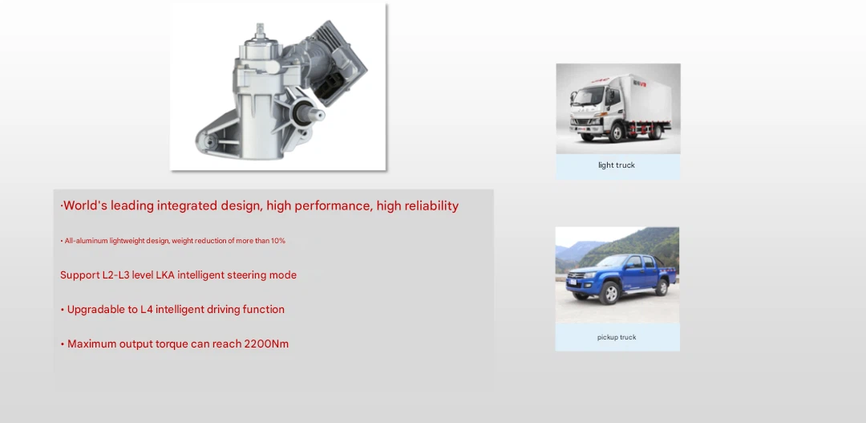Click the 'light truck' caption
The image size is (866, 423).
pyautogui.click(x=617, y=165)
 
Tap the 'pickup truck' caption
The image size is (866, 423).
pyautogui.click(x=617, y=337)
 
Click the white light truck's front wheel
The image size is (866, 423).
pyautogui.click(x=617, y=133)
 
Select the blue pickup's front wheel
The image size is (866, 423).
pyautogui.click(x=609, y=292)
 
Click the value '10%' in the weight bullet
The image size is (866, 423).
pyautogui.click(x=277, y=241)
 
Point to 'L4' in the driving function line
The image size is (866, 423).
pyautogui.click(x=147, y=310)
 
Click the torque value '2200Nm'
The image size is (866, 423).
pyautogui.click(x=266, y=344)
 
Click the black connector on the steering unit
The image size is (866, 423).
pyautogui.click(x=333, y=87)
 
